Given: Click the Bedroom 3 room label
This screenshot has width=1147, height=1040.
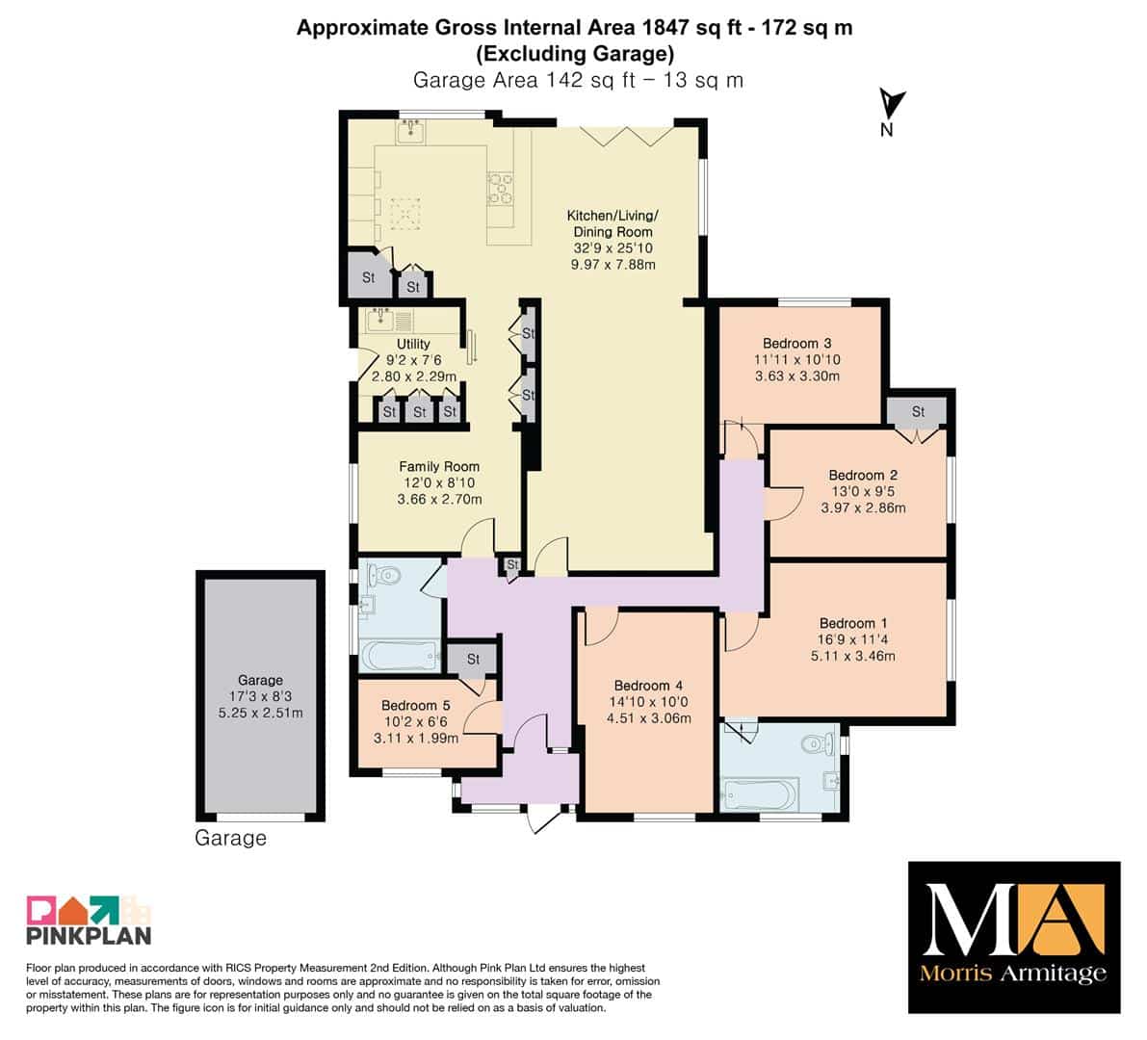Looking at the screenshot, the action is [x=796, y=343].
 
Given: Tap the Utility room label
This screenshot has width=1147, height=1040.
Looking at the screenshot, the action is [x=413, y=344].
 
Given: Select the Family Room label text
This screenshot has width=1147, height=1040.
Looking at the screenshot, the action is [x=439, y=467].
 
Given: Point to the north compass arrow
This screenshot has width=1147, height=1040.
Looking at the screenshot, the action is [x=892, y=105].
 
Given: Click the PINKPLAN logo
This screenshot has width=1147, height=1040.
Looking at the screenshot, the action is [x=89, y=920].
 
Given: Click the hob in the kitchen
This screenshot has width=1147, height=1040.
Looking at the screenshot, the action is [x=501, y=188].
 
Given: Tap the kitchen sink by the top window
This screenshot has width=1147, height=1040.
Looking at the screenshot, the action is [x=411, y=132].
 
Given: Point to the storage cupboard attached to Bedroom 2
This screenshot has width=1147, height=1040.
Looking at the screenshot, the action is [x=917, y=412].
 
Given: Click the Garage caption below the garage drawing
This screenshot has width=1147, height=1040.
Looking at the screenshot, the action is [x=230, y=838].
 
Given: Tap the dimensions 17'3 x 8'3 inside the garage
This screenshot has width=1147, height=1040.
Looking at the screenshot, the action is [x=260, y=696].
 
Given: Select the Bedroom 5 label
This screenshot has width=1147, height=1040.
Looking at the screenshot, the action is [x=415, y=706].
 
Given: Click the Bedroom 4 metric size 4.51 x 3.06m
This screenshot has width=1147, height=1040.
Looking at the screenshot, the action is [x=648, y=718].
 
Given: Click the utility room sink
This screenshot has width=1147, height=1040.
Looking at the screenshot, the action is [x=381, y=319].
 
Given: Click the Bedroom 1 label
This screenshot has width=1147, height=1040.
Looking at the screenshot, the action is [x=853, y=623].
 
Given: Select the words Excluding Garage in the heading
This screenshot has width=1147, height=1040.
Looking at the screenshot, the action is [x=575, y=53].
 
